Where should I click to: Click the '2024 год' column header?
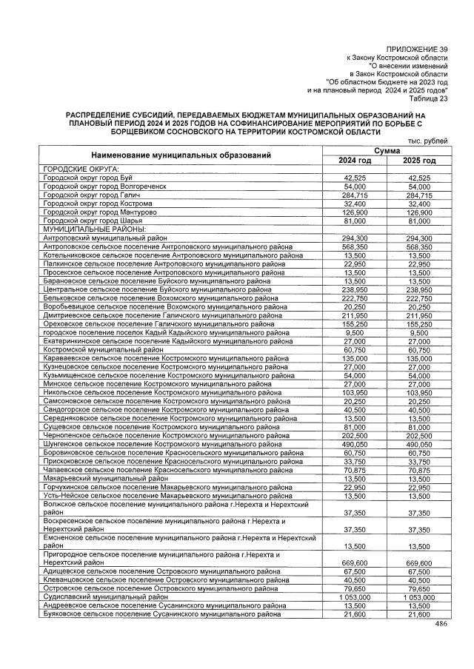pyautogui.click(x=355, y=161)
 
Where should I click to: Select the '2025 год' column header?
pyautogui.click(x=419, y=161)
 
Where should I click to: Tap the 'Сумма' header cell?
pyautogui.click(x=387, y=151)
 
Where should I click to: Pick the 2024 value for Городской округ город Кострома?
pyautogui.click(x=355, y=203)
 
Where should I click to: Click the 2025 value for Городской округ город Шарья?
pyautogui.click(x=419, y=221)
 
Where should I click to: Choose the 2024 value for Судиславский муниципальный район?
pyautogui.click(x=355, y=596)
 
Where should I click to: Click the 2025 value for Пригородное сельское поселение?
pyautogui.click(x=419, y=563)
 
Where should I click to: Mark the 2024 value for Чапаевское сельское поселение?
pyautogui.click(x=355, y=469)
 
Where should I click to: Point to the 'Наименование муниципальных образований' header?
pyautogui.click(x=181, y=155)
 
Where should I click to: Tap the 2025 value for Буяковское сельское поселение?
pyautogui.click(x=419, y=614)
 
